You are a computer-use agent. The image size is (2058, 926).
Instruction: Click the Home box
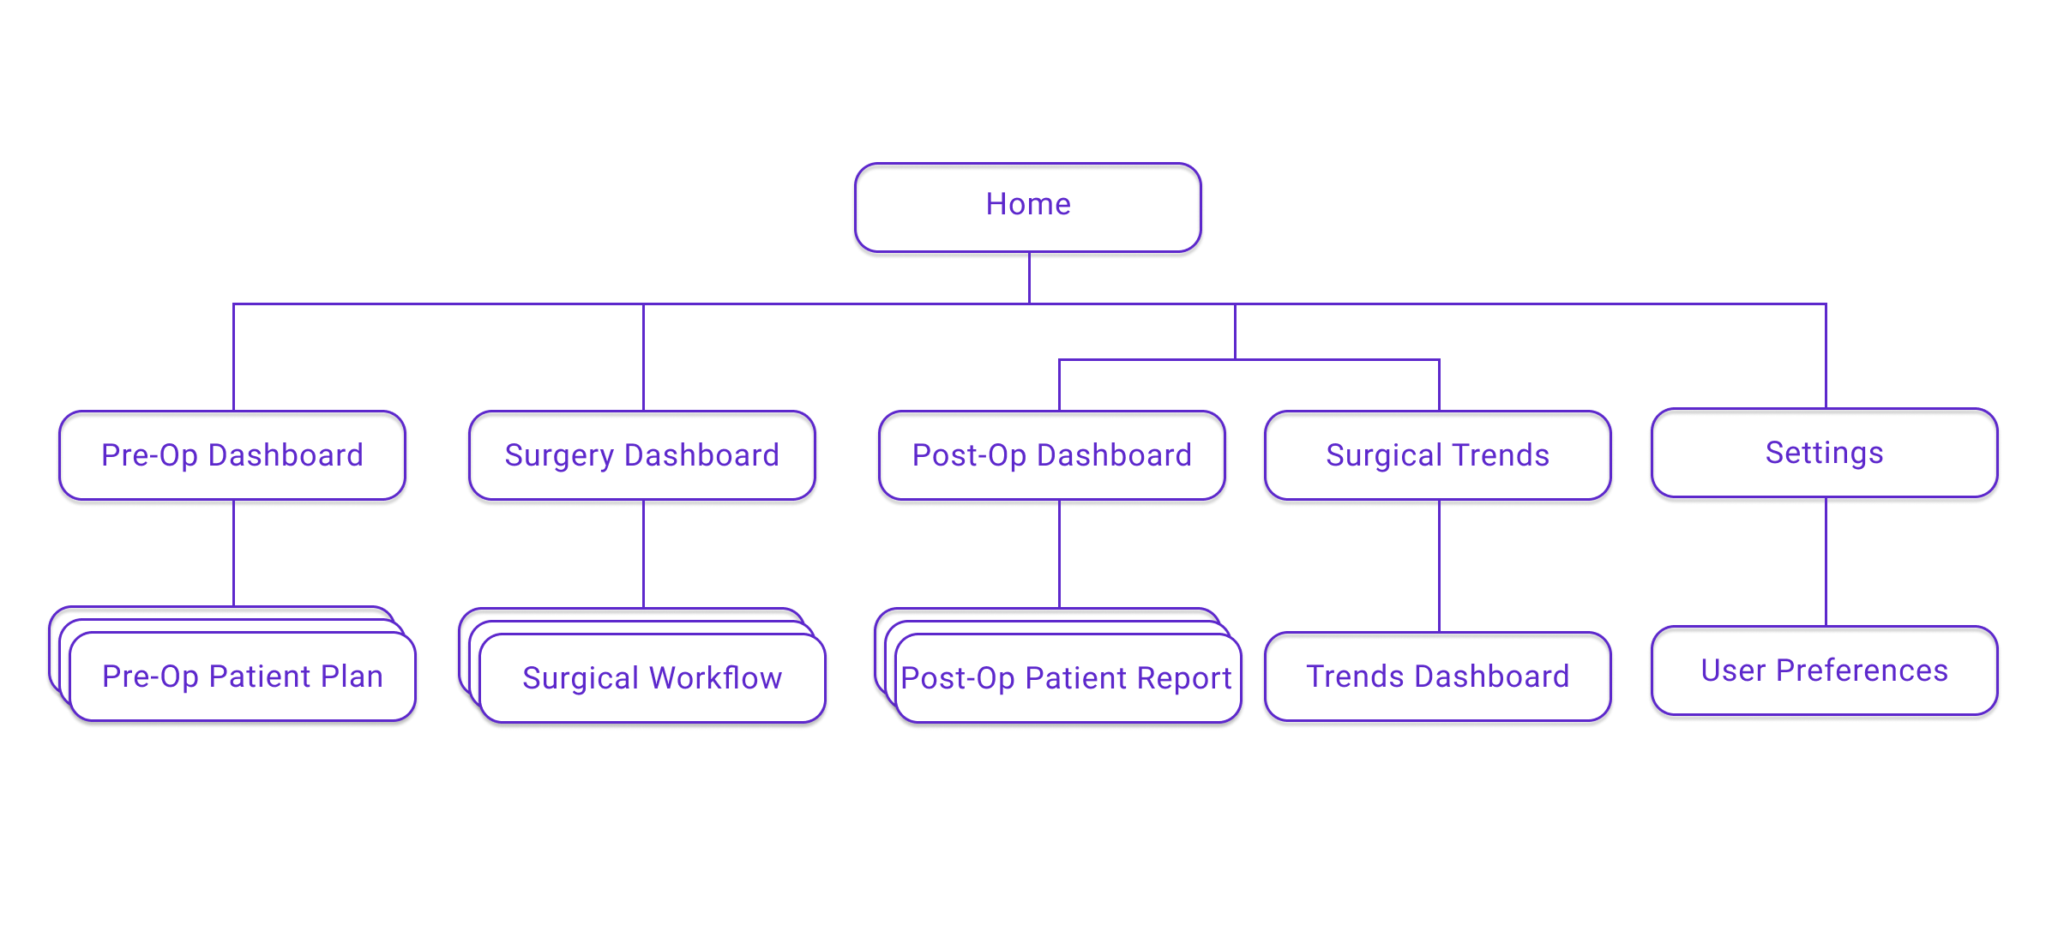[x=1028, y=207]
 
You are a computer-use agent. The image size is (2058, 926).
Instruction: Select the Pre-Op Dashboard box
[x=232, y=455]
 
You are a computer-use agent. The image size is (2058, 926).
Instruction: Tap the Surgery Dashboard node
[x=642, y=455]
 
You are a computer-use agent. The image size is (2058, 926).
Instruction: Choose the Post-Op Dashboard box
[x=1052, y=455]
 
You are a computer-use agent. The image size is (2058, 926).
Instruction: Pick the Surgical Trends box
[x=1438, y=455]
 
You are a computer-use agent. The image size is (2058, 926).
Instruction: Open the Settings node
[x=1825, y=453]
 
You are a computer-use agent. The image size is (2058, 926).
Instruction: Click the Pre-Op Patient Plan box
[x=243, y=676]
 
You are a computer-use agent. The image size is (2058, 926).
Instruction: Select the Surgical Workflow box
[x=653, y=678]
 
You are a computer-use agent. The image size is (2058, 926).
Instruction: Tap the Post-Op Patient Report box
[x=1068, y=678]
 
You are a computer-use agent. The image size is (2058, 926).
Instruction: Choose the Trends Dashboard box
[x=1438, y=676]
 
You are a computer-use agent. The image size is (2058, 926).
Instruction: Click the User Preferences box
[x=1825, y=670]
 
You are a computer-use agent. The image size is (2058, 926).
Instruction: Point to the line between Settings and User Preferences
[x=1826, y=562]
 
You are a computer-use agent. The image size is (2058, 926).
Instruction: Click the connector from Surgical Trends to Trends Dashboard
[x=1439, y=566]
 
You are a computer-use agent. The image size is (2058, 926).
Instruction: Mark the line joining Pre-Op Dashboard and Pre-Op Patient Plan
[x=233, y=553]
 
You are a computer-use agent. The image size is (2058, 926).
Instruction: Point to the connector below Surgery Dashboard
[x=643, y=554]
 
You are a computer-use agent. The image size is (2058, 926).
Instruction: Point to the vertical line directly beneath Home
[x=1029, y=278]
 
